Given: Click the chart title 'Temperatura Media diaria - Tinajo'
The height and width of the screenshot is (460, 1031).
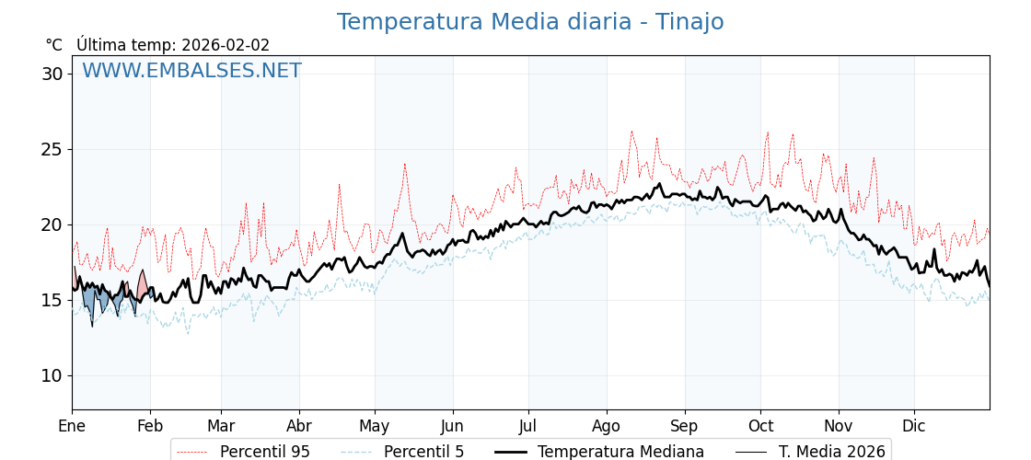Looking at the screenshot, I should pyautogui.click(x=529, y=22).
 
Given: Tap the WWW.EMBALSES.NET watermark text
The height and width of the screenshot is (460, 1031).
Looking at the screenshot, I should pyautogui.click(x=191, y=71).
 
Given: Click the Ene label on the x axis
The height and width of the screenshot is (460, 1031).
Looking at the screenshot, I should pyautogui.click(x=72, y=426).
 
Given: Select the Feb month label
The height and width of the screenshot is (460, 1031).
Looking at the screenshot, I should pyautogui.click(x=150, y=426).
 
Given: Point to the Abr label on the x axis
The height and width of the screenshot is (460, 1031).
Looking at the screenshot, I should pyautogui.click(x=299, y=426).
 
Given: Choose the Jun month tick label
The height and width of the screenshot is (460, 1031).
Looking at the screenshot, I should pyautogui.click(x=452, y=426).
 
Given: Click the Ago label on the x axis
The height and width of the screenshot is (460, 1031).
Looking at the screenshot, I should pyautogui.click(x=607, y=426).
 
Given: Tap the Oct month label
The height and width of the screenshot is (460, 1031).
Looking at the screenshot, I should pyautogui.click(x=760, y=426).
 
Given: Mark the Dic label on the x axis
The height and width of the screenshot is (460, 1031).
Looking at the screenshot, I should pyautogui.click(x=914, y=426).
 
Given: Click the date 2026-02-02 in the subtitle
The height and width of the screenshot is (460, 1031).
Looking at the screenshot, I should pyautogui.click(x=226, y=45).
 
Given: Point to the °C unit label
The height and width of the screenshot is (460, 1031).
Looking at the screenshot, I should pyautogui.click(x=53, y=45).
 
